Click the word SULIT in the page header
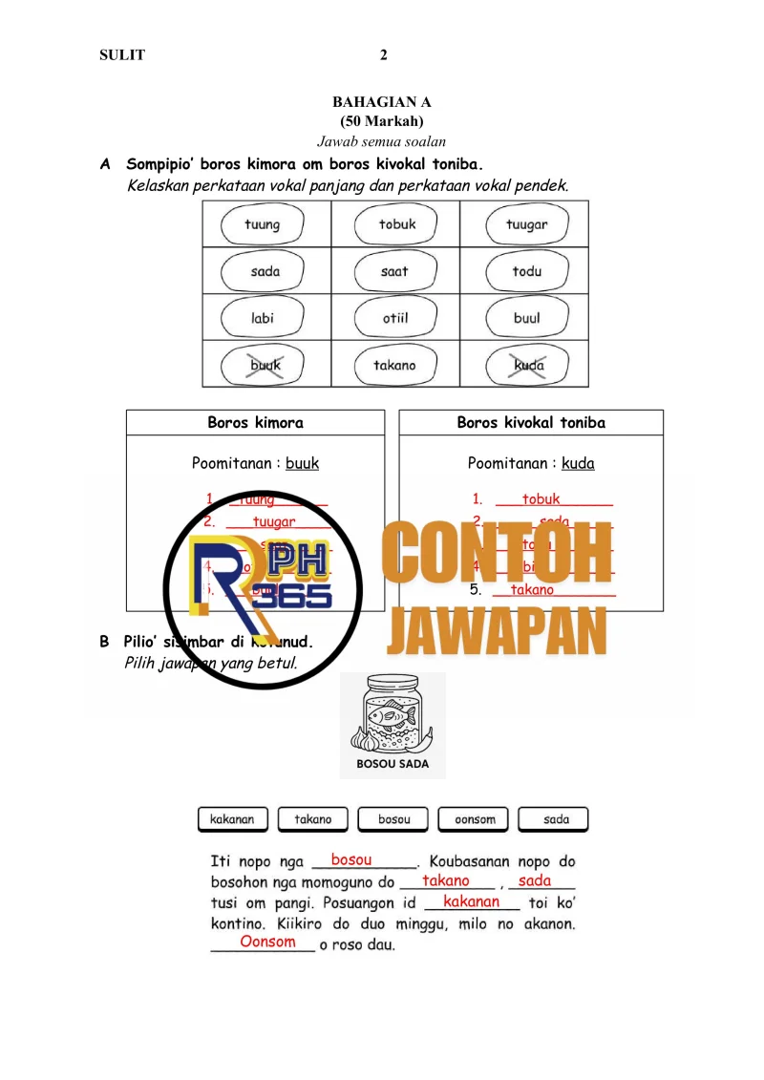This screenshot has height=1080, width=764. pyautogui.click(x=122, y=55)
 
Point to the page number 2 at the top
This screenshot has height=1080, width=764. pyautogui.click(x=383, y=55)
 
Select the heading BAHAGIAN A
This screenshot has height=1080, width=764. pyautogui.click(x=382, y=101)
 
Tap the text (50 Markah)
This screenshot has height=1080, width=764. pyautogui.click(x=382, y=121)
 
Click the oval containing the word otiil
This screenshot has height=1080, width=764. pyautogui.click(x=395, y=318)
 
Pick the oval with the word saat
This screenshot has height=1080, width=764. pyautogui.click(x=395, y=271)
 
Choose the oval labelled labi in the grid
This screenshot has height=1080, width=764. pyautogui.click(x=264, y=318)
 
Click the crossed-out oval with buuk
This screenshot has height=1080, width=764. pyautogui.click(x=265, y=365)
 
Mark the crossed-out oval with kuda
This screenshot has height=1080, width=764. pyautogui.click(x=528, y=365)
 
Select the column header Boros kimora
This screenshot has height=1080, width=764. pyautogui.click(x=255, y=423)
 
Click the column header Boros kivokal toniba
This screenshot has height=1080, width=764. pyautogui.click(x=531, y=423)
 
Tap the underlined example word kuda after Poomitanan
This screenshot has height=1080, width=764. pyautogui.click(x=578, y=464)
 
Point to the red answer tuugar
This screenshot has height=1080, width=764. pyautogui.click(x=274, y=522)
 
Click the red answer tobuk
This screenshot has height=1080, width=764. pyautogui.click(x=541, y=499)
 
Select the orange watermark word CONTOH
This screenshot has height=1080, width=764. pyautogui.click(x=497, y=553)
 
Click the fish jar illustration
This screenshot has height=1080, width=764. pyautogui.click(x=392, y=715)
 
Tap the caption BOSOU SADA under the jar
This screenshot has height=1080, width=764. pyautogui.click(x=393, y=764)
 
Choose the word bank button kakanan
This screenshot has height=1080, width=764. pyautogui.click(x=232, y=819)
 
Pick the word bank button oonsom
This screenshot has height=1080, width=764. pyautogui.click(x=475, y=819)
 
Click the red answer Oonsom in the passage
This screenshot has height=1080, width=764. pyautogui.click(x=267, y=942)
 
